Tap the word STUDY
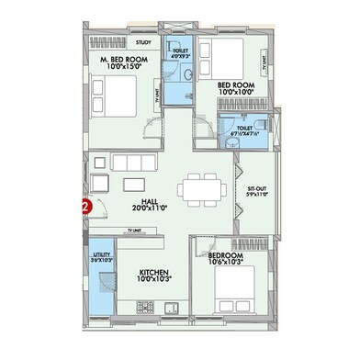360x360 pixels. (143, 42)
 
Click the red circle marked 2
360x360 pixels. (85, 208)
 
